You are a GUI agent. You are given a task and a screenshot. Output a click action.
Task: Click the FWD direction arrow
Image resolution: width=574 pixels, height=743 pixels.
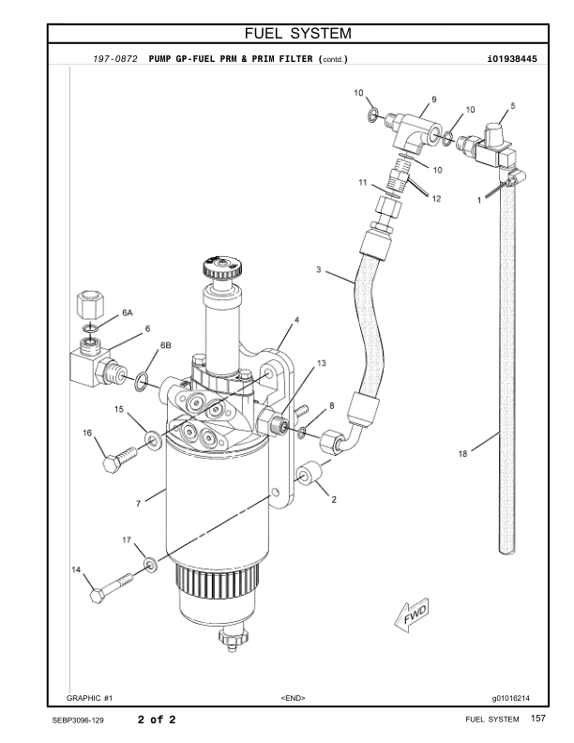click(x=410, y=614)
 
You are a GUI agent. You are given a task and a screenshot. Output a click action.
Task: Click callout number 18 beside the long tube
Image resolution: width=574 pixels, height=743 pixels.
click(x=462, y=453)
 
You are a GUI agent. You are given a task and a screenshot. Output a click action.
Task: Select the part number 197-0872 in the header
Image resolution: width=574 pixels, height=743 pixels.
click(x=115, y=59)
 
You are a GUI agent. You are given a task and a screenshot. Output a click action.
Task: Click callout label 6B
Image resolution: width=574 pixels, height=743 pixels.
click(x=165, y=345)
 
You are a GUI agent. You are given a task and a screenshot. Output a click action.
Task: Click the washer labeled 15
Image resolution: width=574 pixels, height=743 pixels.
click(x=149, y=437)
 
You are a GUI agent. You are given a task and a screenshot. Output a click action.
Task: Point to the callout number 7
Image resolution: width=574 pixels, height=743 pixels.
click(x=138, y=504)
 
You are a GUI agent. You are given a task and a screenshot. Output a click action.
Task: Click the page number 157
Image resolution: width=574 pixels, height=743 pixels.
click(x=537, y=719)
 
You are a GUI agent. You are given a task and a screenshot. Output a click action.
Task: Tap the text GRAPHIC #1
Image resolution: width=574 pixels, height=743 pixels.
click(x=90, y=698)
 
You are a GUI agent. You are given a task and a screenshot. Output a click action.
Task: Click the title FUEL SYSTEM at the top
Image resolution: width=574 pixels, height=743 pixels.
click(x=297, y=35)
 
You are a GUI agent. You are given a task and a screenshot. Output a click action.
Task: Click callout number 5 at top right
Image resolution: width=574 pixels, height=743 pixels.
click(x=512, y=106)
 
